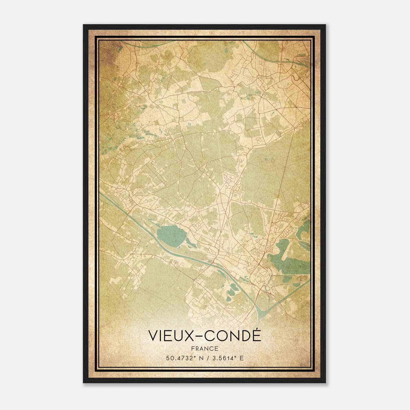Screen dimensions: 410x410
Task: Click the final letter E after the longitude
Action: (241, 358)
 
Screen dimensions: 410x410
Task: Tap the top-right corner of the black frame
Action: (325, 25)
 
